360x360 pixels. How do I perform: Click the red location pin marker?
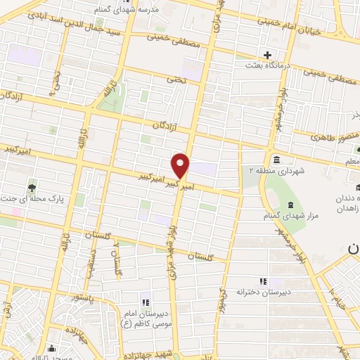tap(181, 165)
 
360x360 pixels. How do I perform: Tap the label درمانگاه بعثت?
tap(268, 67)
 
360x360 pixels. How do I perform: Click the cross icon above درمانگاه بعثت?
tap(267, 55)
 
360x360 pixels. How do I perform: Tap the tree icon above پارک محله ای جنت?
tap(32, 187)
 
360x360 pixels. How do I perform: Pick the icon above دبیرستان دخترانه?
tap(264, 281)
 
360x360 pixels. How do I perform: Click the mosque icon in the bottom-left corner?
tap(51, 348)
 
